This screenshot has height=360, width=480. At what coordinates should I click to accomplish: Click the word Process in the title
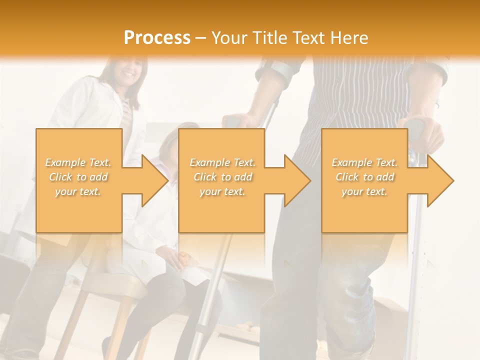(x=157, y=38)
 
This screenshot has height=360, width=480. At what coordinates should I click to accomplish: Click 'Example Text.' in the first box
(x=78, y=162)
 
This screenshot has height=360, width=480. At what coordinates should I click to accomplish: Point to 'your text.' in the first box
(x=78, y=191)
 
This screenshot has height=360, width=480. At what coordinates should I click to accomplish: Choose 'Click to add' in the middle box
(x=222, y=177)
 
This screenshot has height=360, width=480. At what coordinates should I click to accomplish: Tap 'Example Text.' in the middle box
(x=222, y=162)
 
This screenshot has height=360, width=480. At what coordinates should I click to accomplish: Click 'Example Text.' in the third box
(x=364, y=162)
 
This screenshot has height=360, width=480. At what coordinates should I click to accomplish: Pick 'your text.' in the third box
(x=364, y=191)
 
